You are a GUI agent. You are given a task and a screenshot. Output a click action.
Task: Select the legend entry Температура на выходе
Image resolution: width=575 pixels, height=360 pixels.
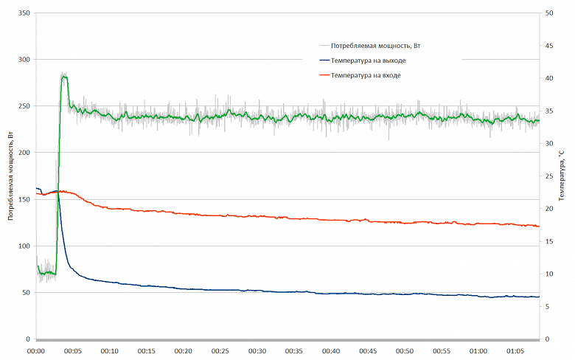(x=368, y=60)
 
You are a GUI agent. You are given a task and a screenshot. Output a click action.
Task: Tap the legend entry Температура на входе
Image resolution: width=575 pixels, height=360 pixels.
(x=366, y=75)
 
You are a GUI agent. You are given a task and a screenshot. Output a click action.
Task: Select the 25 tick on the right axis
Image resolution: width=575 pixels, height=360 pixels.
(x=549, y=176)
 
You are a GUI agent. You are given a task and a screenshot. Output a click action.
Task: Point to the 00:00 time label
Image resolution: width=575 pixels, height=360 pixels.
(x=36, y=351)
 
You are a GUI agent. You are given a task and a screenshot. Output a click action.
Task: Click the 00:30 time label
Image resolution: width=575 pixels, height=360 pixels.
(x=257, y=351)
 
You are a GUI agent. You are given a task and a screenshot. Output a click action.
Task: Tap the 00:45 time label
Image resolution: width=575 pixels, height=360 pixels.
(x=368, y=351)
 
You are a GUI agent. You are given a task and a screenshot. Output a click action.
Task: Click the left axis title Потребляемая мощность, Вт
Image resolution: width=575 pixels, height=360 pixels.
(x=10, y=176)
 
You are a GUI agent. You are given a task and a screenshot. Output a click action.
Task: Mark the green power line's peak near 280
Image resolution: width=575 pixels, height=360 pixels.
(x=64, y=77)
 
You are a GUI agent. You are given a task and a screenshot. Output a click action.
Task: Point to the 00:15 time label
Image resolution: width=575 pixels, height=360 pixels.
(x=147, y=351)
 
